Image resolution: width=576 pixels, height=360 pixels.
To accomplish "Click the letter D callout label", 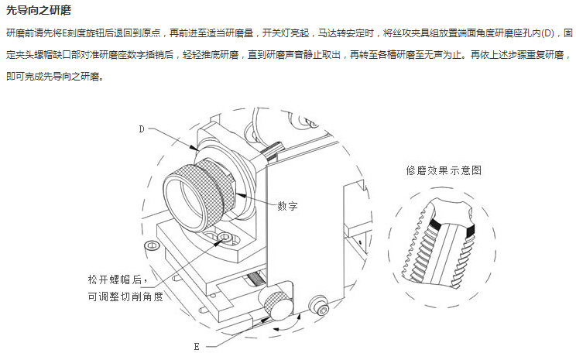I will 142,129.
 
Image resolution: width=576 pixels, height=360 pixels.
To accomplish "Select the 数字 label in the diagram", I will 287,206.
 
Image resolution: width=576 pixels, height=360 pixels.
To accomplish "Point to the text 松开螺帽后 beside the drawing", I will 117,278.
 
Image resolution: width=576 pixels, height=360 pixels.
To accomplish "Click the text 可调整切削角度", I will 125,296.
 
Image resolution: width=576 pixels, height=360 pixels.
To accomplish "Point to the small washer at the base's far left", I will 153,245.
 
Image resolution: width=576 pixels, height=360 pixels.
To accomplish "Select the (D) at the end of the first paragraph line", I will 547,34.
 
